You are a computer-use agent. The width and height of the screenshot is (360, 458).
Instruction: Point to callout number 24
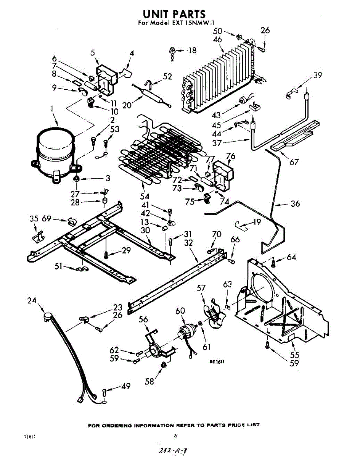point(32,301)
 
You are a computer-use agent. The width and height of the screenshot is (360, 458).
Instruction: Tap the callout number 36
point(295,203)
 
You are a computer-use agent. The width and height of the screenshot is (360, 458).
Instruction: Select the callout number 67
point(294,162)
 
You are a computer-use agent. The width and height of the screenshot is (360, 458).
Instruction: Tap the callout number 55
point(295,355)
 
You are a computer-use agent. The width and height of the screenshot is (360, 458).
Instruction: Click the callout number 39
point(318,75)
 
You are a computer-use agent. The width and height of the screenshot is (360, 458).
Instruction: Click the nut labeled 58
point(164,365)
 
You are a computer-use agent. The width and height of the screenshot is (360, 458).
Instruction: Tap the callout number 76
point(230,156)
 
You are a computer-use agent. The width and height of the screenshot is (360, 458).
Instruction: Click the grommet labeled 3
point(76,178)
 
